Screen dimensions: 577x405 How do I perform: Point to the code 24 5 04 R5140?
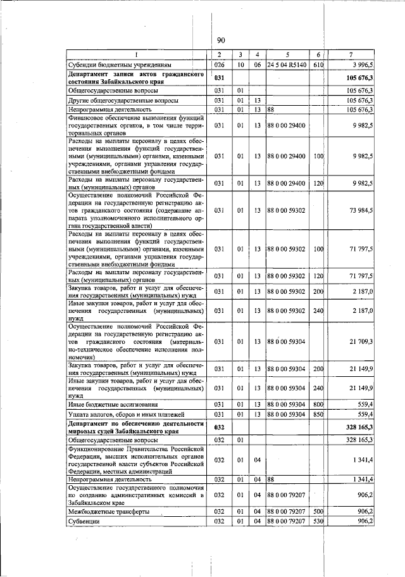[x=288, y=65]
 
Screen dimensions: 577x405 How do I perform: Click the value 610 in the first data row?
[x=318, y=65]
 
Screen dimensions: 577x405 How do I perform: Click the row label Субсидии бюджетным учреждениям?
[x=111, y=65]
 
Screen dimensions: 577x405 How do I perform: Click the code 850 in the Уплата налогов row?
[x=318, y=414]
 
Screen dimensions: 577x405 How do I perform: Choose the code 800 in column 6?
[x=318, y=404]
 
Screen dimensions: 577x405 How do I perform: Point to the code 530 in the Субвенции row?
[x=318, y=521]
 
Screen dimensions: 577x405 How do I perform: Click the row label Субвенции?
[x=85, y=521]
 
